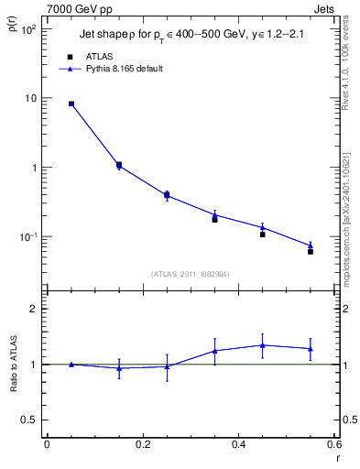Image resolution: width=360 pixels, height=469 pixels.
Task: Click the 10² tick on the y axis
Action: tap(27, 29)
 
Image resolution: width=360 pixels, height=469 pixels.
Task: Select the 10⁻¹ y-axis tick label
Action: tap(27, 237)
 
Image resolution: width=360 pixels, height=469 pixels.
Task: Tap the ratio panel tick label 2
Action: tap(33, 309)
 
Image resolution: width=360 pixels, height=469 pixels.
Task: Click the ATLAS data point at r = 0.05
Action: tap(71, 104)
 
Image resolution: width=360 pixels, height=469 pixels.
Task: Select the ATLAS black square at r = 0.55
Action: tap(311, 251)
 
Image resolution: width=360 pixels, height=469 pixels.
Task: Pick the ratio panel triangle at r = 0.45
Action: tap(263, 345)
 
